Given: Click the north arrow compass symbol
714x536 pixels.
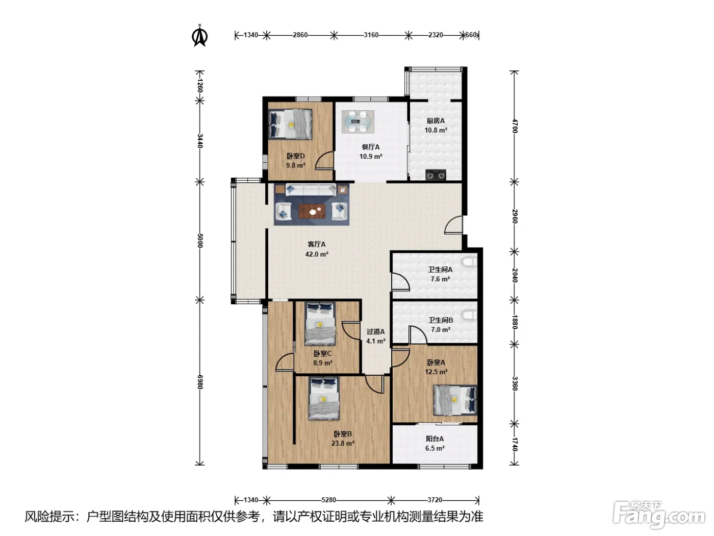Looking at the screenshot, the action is [200, 36].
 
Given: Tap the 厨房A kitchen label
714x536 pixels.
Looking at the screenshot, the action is [436, 121].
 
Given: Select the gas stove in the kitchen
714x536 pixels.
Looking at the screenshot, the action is [436, 175].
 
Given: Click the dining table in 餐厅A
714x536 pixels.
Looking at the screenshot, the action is [358, 122].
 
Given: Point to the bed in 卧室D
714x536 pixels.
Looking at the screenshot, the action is [291, 124].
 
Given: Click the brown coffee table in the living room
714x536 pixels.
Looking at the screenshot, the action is [313, 211].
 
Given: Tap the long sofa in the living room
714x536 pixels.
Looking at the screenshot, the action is [311, 190].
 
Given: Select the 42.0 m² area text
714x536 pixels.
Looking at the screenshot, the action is [317, 254].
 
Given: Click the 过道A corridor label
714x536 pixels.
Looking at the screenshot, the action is [376, 332].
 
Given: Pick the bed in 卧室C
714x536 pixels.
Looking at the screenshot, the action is [320, 324].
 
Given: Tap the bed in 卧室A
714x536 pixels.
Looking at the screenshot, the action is [455, 400].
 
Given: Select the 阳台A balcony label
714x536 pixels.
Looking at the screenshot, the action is [435, 438].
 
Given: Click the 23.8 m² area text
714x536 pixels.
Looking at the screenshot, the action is [343, 443].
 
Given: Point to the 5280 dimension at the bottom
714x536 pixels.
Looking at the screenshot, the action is [328, 500].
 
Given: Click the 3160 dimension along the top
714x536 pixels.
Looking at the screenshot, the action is [371, 35].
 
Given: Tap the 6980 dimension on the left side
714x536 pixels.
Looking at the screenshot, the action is [200, 382].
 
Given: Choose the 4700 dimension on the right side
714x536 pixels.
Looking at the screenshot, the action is [515, 126].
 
